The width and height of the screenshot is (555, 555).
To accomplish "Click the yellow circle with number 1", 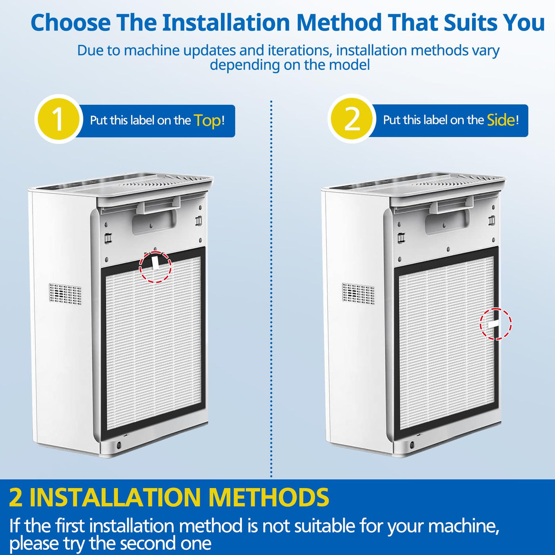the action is [x=58, y=119].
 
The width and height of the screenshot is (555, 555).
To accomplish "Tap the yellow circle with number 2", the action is [x=352, y=119].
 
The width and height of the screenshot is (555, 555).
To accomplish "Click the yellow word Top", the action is [x=207, y=121].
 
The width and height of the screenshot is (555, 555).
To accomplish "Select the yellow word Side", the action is [x=501, y=120].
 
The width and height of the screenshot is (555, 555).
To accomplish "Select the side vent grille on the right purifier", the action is [x=359, y=292].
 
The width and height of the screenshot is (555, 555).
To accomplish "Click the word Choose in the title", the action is [x=71, y=23].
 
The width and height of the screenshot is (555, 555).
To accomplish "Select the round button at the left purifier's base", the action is [x=119, y=446].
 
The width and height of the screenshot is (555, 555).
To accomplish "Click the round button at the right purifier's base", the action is [x=411, y=445].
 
